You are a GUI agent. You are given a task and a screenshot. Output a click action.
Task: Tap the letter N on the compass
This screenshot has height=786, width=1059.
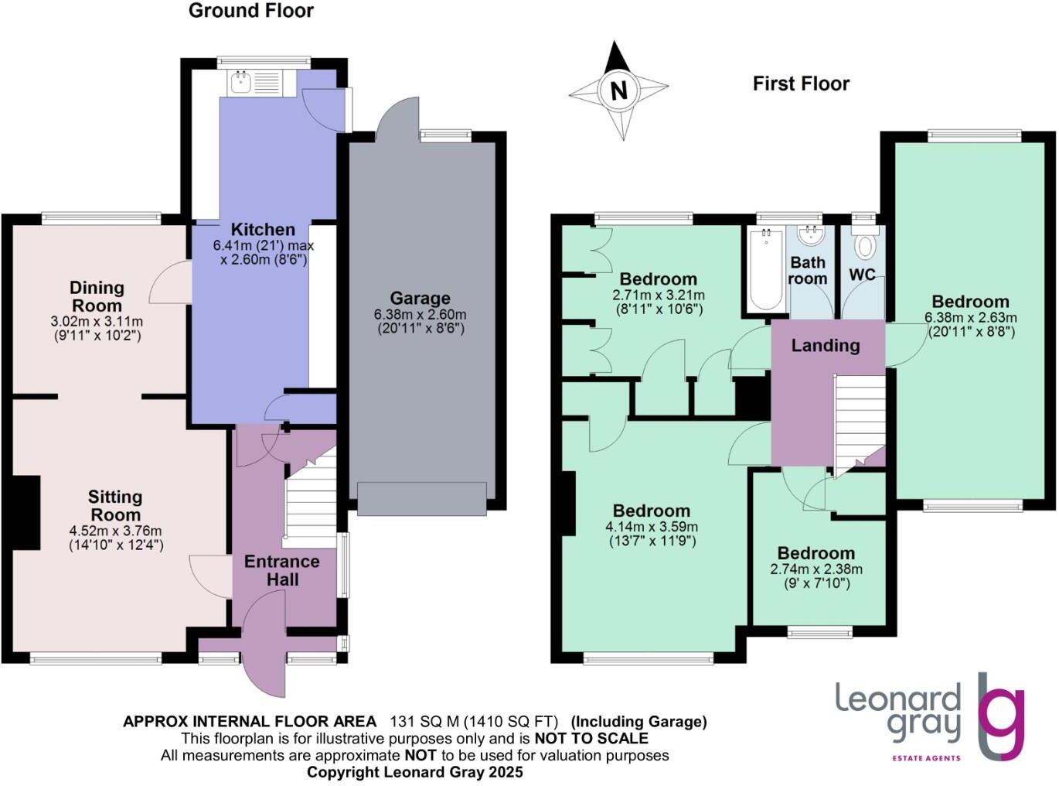pos(619,89)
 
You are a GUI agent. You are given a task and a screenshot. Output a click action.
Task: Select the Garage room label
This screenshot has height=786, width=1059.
pos(421,298)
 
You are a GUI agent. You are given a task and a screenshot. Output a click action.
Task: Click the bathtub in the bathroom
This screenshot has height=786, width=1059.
pos(766,269)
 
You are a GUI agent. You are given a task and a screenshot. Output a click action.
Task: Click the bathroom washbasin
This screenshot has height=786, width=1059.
pos(811,235)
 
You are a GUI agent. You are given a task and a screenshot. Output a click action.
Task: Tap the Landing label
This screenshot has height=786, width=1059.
pos(826,345)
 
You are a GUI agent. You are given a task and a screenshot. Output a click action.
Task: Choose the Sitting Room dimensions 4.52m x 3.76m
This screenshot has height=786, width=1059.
pos(115,531)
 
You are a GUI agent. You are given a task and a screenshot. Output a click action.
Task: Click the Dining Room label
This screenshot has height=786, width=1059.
pos(97,296)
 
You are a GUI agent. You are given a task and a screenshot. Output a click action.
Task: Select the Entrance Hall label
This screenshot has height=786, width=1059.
pos(282,570)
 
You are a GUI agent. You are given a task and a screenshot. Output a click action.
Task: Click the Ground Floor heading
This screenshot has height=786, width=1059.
pos(251,11)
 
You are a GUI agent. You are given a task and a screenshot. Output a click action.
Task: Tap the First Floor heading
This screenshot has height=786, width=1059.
pos(801,84)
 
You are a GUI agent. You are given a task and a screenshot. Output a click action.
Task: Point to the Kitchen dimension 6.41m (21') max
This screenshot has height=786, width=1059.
pos(263,245)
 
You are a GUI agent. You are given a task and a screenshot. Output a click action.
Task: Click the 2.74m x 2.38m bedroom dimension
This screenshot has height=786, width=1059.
pos(816,569)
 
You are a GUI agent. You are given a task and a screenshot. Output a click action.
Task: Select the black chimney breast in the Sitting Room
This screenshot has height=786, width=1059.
pos(26,513)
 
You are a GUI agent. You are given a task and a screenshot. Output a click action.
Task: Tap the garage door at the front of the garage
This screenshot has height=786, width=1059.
pos(422,499)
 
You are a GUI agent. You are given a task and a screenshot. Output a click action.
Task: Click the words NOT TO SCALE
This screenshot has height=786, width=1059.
pos(591,738)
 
